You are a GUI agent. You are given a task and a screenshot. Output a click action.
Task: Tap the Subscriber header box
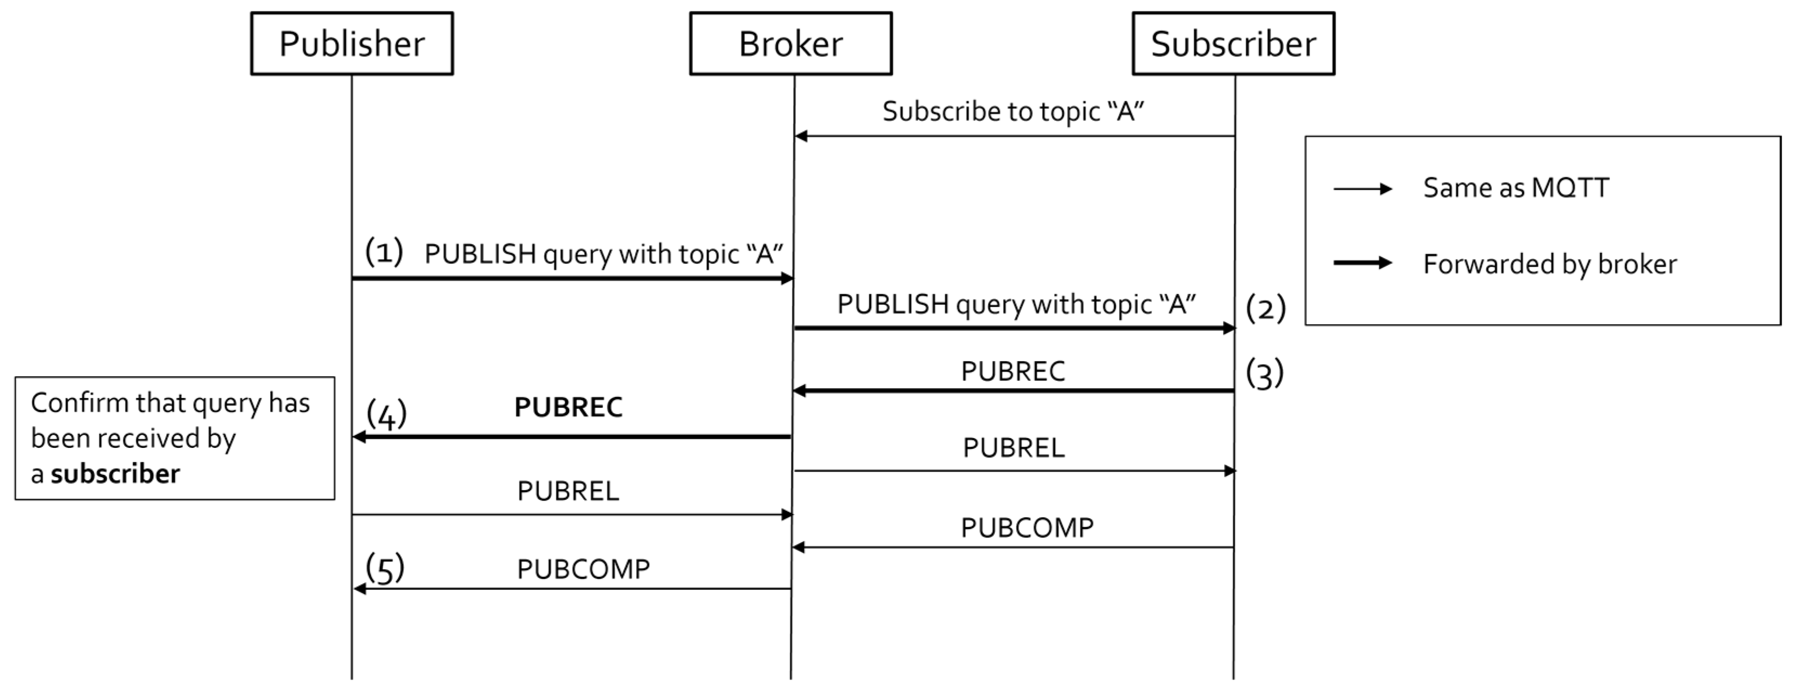click(x=1233, y=43)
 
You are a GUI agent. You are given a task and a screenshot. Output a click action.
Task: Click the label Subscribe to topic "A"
click(x=1013, y=112)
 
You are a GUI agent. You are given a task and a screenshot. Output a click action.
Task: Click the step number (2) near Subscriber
click(x=1265, y=308)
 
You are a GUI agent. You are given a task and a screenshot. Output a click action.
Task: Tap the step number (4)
click(x=387, y=415)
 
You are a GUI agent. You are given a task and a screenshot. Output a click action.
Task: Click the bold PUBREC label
click(x=568, y=407)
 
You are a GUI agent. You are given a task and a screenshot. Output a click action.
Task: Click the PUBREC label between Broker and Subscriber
click(x=1013, y=371)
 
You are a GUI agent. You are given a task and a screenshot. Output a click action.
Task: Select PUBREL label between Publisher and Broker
click(x=568, y=491)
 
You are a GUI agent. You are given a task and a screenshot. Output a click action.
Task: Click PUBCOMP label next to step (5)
click(x=583, y=569)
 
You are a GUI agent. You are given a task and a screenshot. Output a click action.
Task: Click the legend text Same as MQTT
click(x=1515, y=188)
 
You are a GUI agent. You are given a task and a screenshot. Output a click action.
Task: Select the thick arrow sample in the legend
click(x=1362, y=263)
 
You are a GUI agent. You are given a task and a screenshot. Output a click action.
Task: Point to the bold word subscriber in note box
click(x=115, y=474)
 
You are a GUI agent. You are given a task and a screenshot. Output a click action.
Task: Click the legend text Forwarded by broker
click(x=1549, y=264)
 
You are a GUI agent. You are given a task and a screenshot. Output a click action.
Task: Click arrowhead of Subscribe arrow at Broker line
click(x=801, y=136)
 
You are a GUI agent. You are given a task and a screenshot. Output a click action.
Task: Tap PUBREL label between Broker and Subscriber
click(x=1013, y=448)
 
